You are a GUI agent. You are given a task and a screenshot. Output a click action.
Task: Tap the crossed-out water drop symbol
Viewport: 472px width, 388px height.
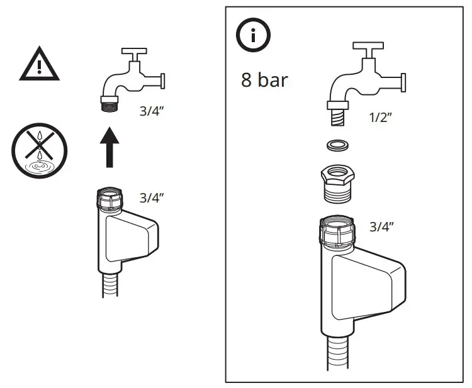pos(39,150)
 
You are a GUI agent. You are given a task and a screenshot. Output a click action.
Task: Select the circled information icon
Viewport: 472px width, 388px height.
pos(253,36)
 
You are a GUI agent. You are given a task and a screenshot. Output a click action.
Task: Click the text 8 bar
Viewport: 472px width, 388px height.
pos(264,80)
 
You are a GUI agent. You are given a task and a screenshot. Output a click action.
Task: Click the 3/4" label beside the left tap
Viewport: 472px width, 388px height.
pos(152,111)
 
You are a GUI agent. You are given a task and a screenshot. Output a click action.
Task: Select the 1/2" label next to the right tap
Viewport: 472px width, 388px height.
pos(381,117)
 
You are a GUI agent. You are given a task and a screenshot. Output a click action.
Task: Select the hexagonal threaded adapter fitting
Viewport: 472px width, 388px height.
pos(339,183)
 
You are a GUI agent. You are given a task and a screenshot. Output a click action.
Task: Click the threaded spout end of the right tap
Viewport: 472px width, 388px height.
pos(338,114)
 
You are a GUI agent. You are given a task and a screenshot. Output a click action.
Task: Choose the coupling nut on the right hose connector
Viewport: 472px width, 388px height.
pos(338,231)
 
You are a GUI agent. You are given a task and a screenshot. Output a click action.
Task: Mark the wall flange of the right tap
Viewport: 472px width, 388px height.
pos(403,82)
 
